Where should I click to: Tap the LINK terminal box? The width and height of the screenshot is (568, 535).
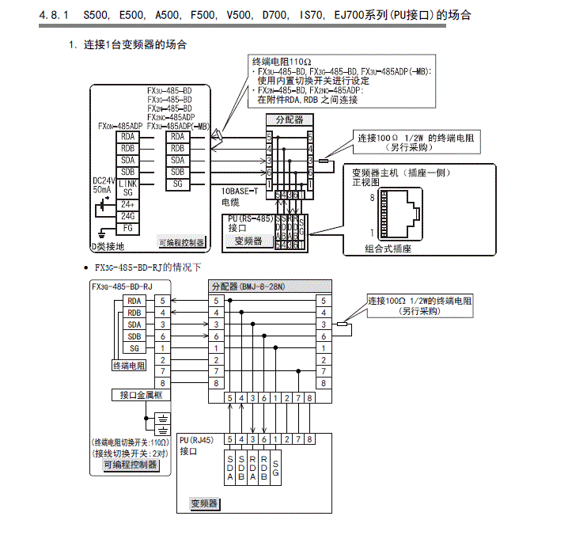[127, 183]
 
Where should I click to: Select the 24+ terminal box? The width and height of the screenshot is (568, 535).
[127, 204]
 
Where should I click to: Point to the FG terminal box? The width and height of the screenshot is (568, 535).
[127, 228]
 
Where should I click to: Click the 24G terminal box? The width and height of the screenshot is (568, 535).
[127, 216]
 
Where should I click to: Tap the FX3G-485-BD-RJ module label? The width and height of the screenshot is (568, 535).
[122, 286]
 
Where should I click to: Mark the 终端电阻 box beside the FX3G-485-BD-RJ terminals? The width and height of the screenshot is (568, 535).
[128, 366]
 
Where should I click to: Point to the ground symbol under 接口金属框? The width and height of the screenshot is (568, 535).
[161, 420]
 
